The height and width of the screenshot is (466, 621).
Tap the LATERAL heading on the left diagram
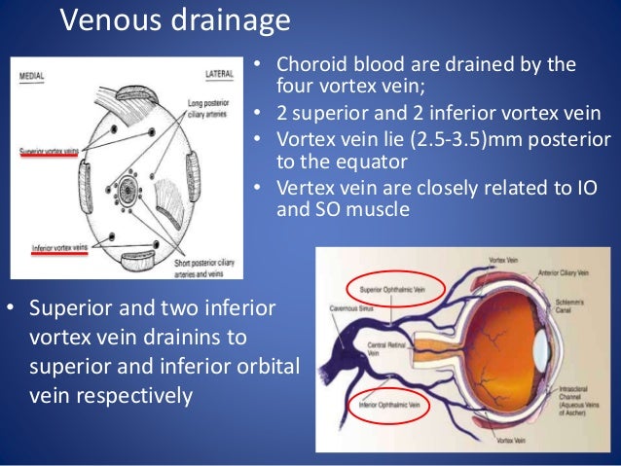click(217, 74)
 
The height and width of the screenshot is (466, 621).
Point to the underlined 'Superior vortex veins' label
click(49, 152)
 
